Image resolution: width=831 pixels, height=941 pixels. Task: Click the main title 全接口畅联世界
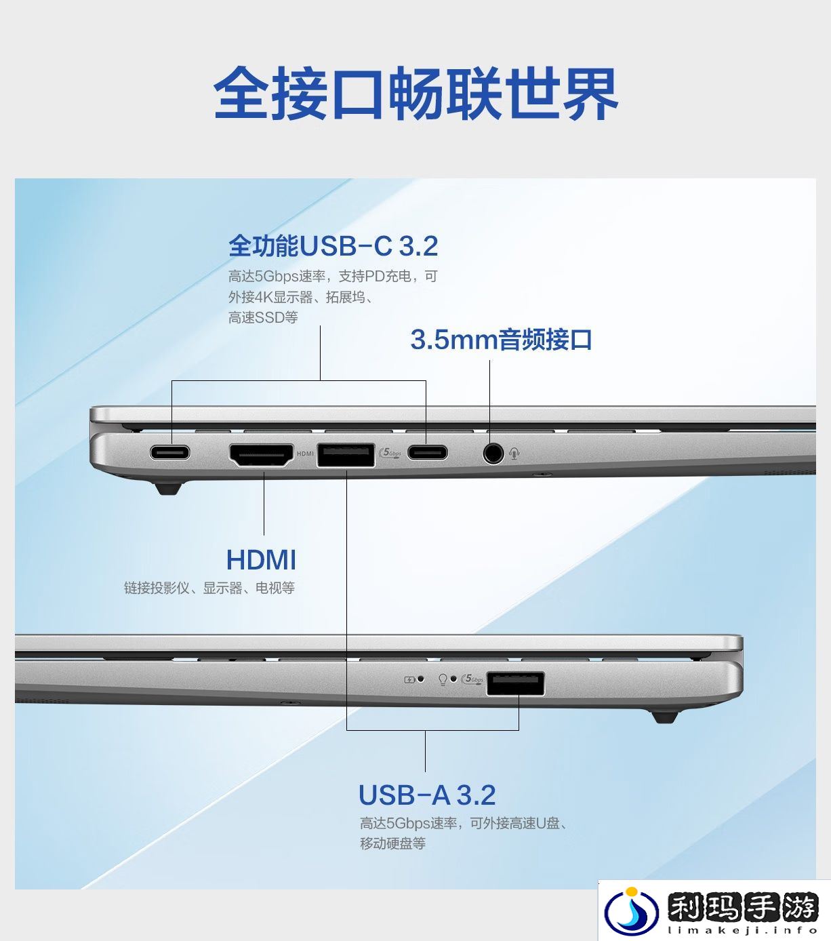click(415, 93)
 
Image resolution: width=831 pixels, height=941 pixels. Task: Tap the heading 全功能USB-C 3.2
click(333, 245)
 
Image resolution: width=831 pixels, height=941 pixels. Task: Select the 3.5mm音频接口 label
click(501, 340)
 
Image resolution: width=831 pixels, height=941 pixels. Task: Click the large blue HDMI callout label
click(261, 559)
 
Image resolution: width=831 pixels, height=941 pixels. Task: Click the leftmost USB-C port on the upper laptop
click(170, 452)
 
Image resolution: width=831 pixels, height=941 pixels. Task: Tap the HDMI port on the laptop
click(262, 455)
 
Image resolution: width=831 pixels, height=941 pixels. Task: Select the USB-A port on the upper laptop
click(346, 455)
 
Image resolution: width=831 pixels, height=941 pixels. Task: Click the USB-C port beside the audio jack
click(428, 452)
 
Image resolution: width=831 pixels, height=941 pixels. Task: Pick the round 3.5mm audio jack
click(493, 453)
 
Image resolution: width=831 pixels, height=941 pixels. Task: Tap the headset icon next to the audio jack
click(514, 454)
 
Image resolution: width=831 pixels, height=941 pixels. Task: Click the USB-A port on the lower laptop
click(516, 683)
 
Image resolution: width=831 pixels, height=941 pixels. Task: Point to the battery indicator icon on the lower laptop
click(409, 680)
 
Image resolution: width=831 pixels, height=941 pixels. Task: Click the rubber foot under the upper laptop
click(168, 489)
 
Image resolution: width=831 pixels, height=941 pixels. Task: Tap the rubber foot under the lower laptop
click(665, 717)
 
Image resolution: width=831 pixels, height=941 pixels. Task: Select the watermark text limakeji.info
click(742, 930)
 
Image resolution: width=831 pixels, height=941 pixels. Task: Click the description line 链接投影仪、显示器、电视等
click(209, 588)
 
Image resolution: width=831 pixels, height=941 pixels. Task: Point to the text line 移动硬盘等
click(393, 843)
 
